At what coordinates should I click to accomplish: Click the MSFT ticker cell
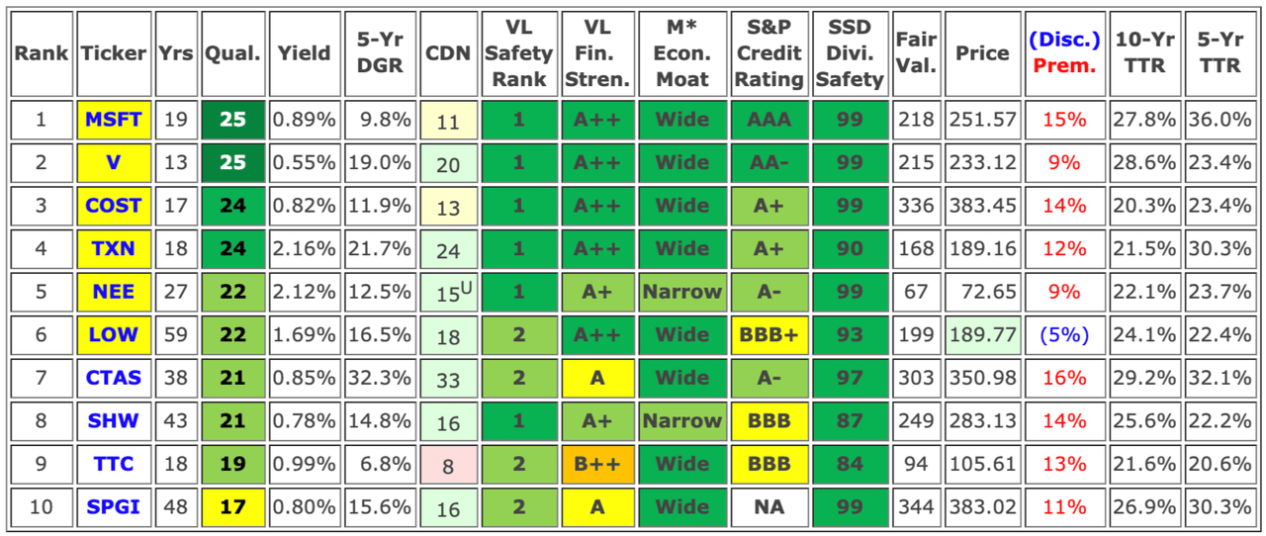tap(114, 120)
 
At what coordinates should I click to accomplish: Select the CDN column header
tap(448, 53)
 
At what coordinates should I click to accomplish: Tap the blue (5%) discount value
tap(1064, 334)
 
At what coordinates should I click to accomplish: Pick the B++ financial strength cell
tap(596, 464)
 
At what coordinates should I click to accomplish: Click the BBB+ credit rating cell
tap(769, 334)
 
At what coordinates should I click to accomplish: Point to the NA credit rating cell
tap(769, 506)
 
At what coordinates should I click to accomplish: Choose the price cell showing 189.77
tap(982, 334)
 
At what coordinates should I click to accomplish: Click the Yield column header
tap(304, 53)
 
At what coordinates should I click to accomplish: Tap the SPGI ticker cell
tap(114, 506)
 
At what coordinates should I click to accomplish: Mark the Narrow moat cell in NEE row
tap(681, 292)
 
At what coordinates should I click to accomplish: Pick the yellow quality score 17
tap(232, 506)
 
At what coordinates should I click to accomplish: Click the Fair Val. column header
tap(916, 53)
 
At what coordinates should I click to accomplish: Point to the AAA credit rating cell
tap(769, 120)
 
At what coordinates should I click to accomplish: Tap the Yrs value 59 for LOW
tap(176, 334)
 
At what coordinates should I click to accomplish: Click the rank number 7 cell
tap(41, 378)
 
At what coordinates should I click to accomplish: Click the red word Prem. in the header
tap(1064, 66)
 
